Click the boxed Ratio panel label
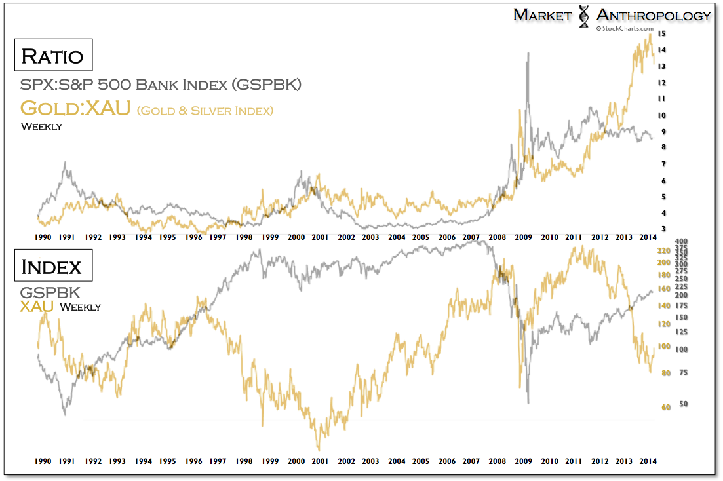click(52, 56)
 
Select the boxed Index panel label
click(52, 267)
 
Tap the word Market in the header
click(543, 15)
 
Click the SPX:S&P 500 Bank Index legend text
click(161, 85)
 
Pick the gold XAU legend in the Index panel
click(36, 305)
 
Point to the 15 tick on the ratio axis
click(662, 33)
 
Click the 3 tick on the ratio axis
click(662, 228)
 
